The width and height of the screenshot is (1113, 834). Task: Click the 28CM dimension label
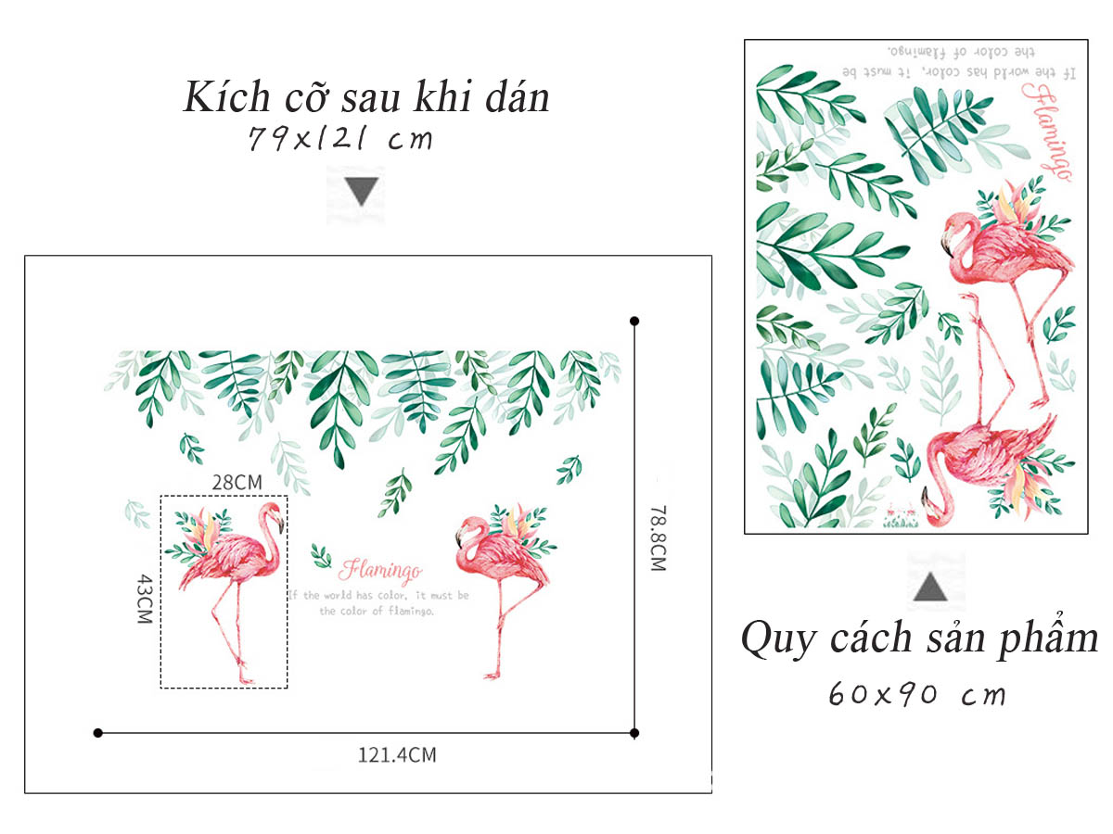236,482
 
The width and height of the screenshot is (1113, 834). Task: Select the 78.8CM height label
658,537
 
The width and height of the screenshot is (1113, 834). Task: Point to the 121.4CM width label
397,755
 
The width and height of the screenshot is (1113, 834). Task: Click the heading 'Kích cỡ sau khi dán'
366,98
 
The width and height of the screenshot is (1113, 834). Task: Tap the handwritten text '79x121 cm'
340,140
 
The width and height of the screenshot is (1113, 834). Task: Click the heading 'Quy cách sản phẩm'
918,638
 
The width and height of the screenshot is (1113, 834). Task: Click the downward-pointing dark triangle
362,192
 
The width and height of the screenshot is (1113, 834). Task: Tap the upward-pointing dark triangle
930,587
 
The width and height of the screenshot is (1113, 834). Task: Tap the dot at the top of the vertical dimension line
634,321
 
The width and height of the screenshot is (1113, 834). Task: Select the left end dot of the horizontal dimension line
98,733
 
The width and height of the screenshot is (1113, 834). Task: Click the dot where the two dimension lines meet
634,733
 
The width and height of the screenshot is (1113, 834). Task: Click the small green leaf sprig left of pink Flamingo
321,556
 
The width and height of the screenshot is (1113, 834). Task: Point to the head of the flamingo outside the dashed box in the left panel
464,532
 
